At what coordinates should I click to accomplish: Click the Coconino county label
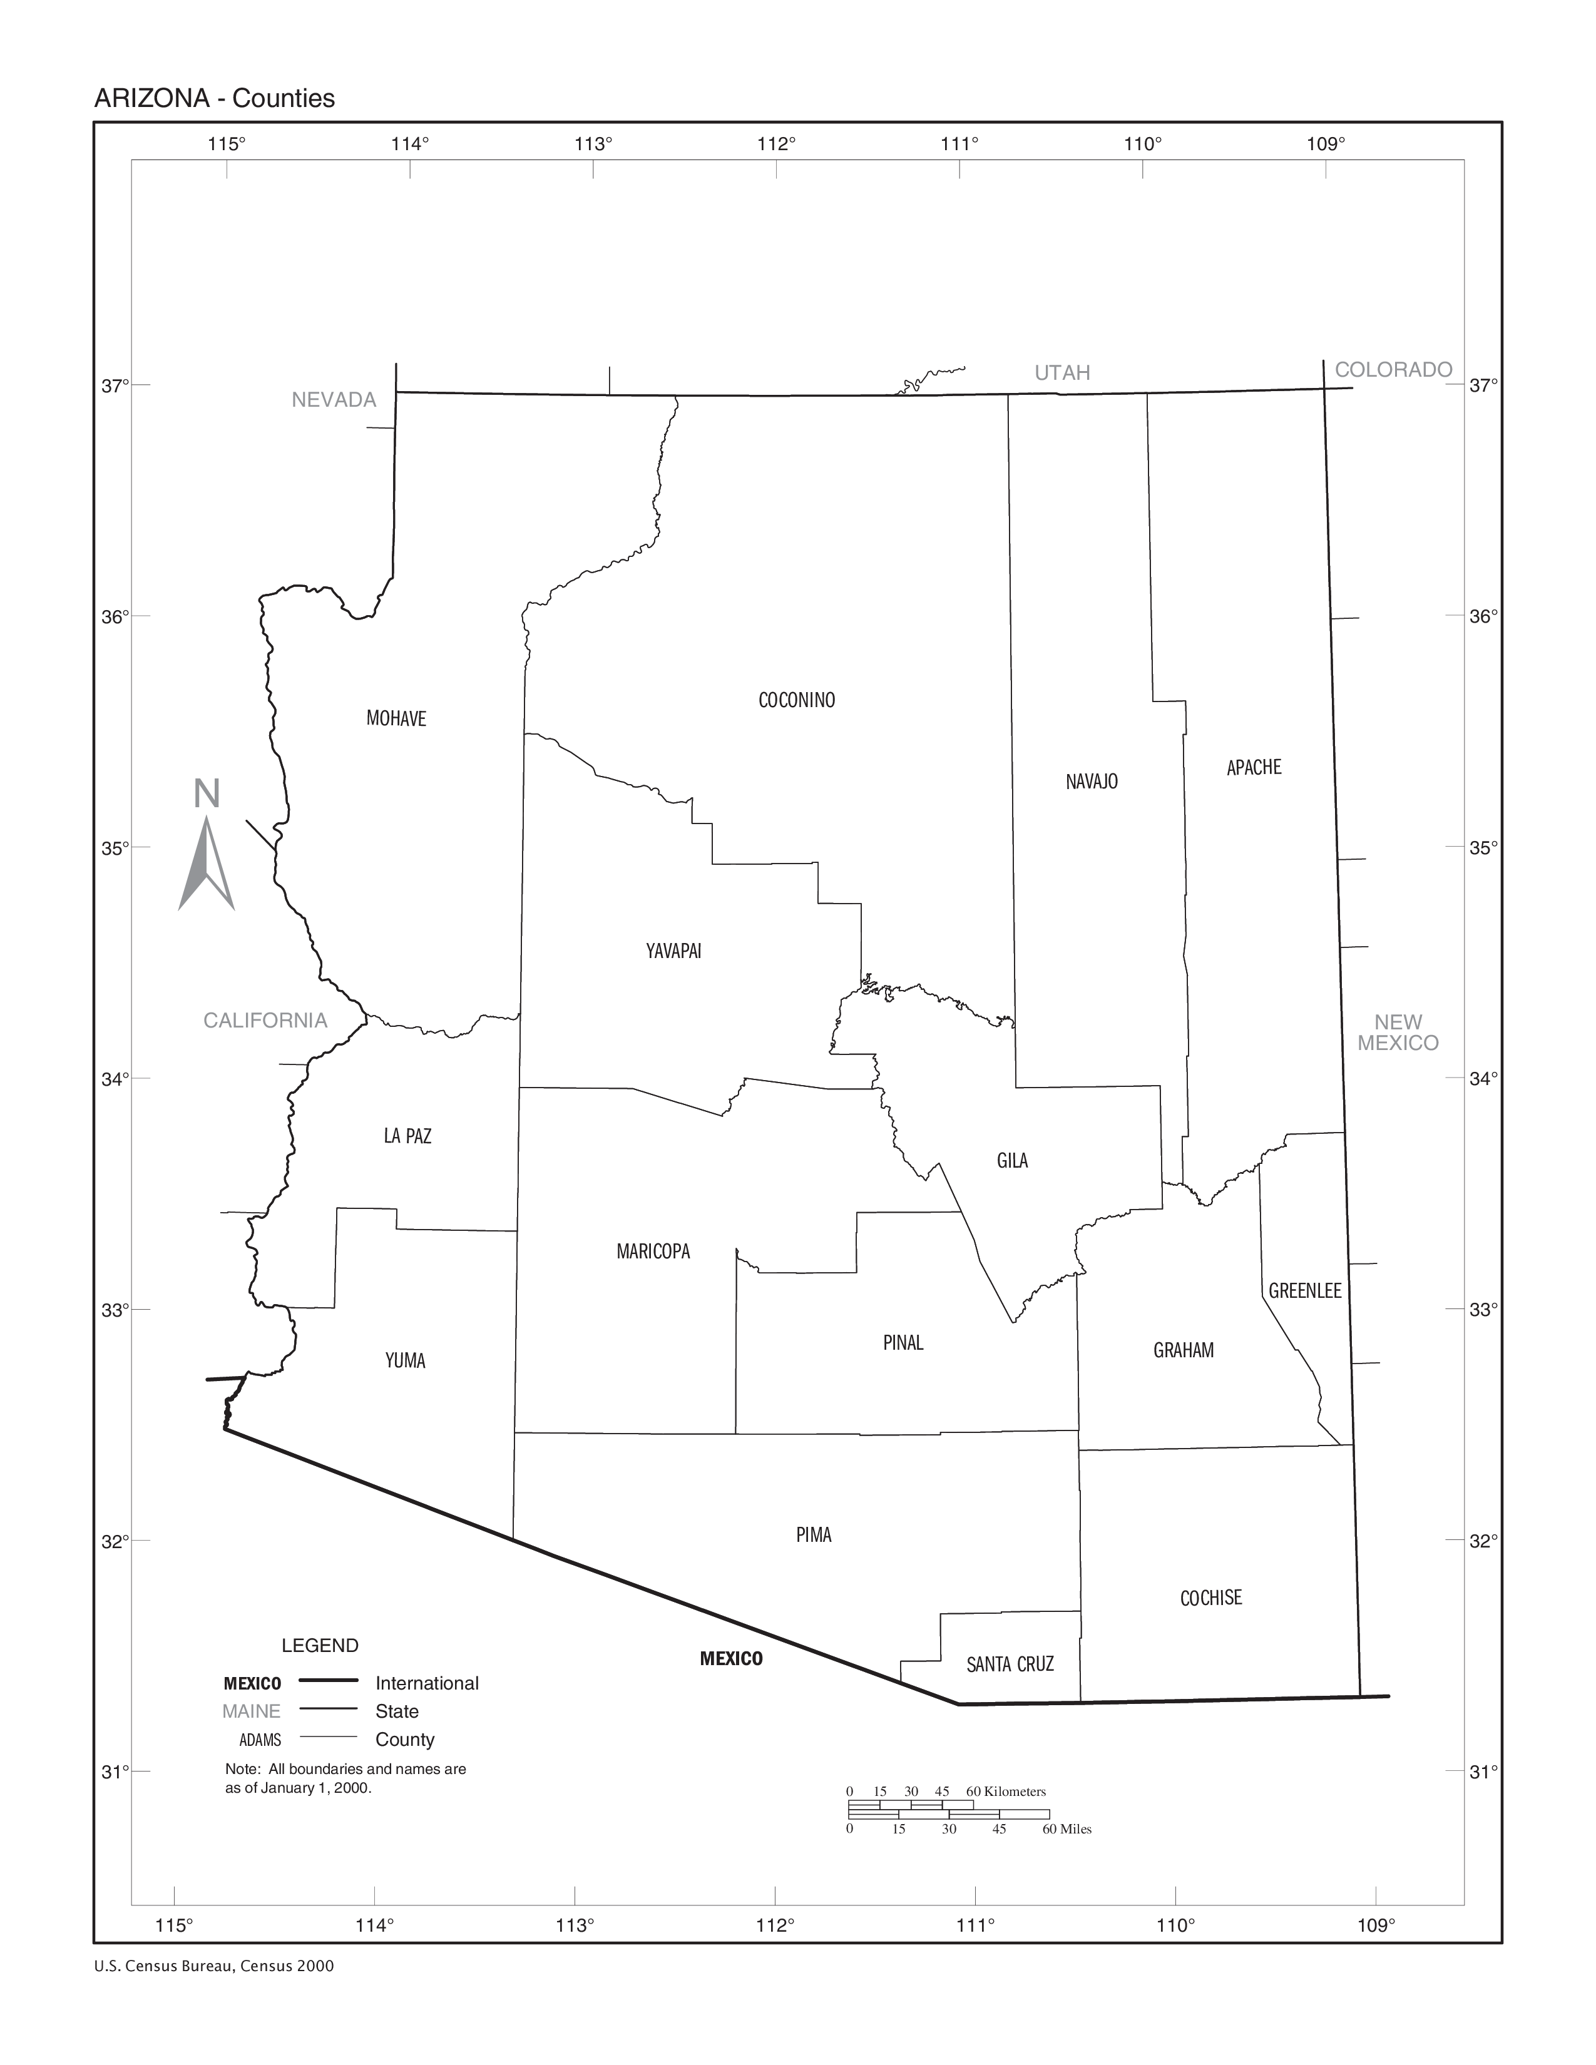[x=796, y=701]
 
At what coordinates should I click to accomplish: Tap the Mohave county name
[x=396, y=718]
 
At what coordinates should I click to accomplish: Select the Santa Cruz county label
[x=1010, y=1664]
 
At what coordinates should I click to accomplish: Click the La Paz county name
[x=407, y=1136]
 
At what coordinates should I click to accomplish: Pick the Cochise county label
[x=1210, y=1598]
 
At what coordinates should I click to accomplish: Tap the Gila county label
[x=1011, y=1161]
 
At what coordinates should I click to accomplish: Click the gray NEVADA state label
[x=334, y=400]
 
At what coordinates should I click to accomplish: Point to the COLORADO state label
[x=1393, y=370]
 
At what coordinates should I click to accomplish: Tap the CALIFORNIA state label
[x=265, y=1020]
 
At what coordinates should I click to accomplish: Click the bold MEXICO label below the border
[x=731, y=1658]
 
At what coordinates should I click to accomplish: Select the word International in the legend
[x=426, y=1683]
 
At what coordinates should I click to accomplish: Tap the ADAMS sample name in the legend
[x=260, y=1740]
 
